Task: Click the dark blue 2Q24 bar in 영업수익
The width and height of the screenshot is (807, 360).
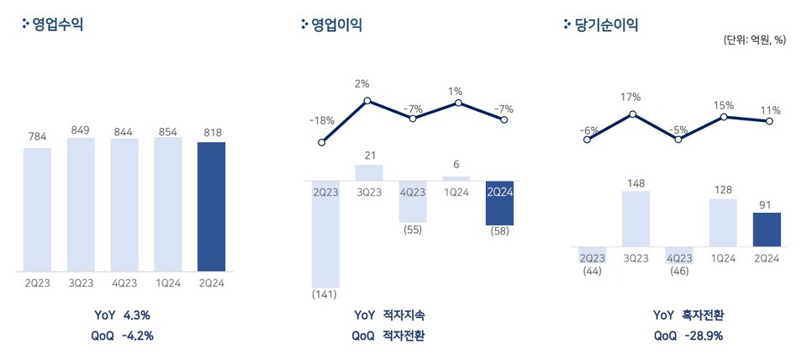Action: coord(211,207)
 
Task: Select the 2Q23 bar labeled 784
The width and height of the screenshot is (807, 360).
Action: coord(37,209)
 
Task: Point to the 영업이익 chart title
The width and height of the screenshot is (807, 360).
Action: coord(337,24)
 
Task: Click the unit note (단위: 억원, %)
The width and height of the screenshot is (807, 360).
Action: coord(754,40)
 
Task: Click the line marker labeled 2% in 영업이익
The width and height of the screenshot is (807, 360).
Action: coord(367,101)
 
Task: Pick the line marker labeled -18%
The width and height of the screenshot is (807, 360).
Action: coord(322,142)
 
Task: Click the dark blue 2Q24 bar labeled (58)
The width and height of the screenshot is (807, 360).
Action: coord(501,203)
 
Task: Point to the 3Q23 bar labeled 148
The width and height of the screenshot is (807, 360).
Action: coord(636,220)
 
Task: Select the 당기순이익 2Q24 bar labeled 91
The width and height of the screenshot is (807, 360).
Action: coord(767,230)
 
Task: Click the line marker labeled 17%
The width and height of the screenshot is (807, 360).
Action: coord(632,114)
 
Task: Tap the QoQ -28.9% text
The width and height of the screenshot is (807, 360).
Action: coord(688,335)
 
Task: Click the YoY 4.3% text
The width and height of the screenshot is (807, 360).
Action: coord(123,315)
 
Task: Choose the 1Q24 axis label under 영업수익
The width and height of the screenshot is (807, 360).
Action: coord(167,283)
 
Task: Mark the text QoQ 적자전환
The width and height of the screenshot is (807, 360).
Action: coord(388,335)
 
